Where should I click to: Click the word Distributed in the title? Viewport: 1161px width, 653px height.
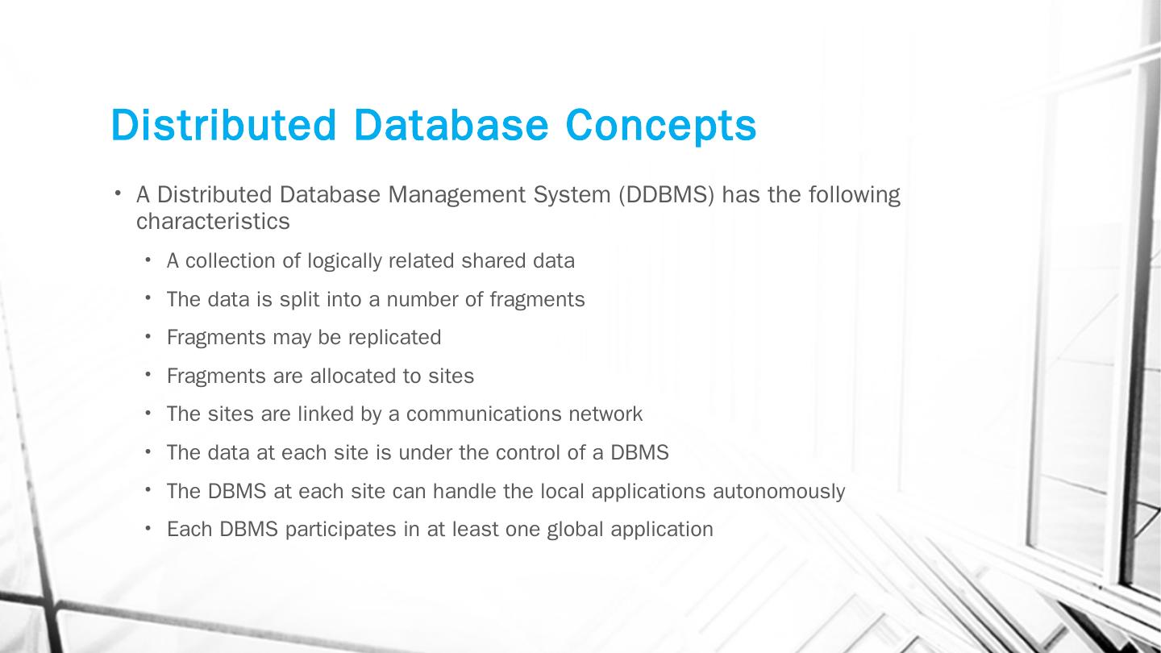click(x=223, y=125)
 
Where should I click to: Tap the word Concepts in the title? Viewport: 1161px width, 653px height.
click(x=660, y=125)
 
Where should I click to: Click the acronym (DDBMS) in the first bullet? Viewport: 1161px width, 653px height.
click(x=667, y=195)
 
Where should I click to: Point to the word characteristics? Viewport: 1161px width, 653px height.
click(x=213, y=222)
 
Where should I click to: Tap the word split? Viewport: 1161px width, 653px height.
click(x=297, y=300)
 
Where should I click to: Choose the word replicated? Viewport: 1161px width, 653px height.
click(x=394, y=338)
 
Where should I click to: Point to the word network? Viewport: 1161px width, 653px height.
click(x=605, y=414)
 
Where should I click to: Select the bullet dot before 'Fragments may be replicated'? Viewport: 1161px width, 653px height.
click(x=149, y=336)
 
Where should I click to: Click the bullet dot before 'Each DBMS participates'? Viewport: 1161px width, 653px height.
click(x=149, y=528)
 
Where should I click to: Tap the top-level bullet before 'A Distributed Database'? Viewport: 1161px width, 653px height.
click(x=118, y=193)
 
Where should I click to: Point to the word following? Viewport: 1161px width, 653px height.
click(x=854, y=195)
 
